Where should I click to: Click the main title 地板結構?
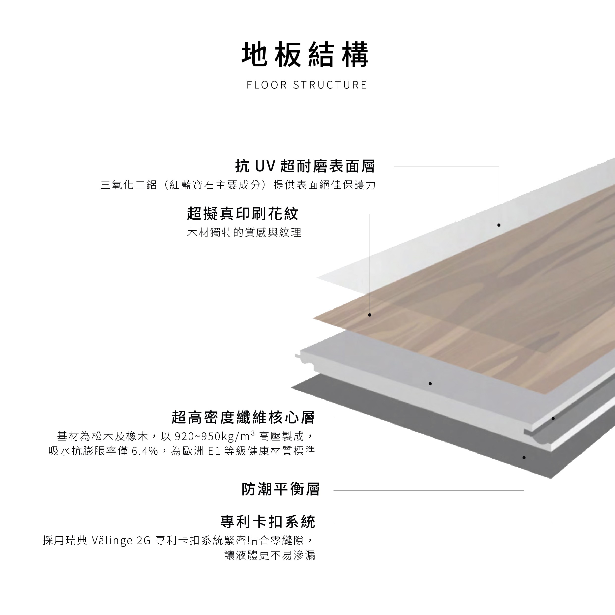point(305,55)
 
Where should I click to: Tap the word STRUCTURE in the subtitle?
point(330,85)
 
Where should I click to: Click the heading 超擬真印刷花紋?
point(243,214)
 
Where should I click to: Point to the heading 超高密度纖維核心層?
point(243,417)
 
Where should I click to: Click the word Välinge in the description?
point(112,541)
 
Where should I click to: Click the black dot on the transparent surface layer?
point(499,225)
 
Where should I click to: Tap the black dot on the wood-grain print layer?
point(370,315)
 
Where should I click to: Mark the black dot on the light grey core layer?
point(430,383)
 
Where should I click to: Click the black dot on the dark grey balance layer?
point(524,458)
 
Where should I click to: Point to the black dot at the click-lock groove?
point(553,419)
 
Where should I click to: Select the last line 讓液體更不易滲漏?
point(270,556)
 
